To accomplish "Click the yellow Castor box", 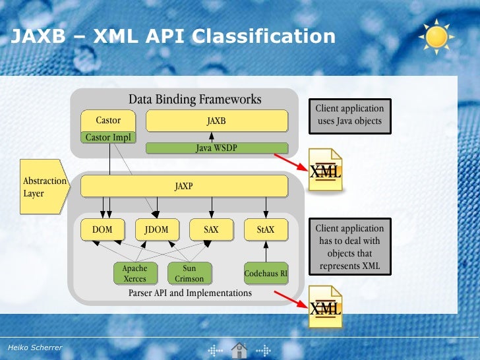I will pos(109,121).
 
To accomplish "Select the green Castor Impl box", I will pos(109,138).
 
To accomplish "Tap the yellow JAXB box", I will pos(216,121).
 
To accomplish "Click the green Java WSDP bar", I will pos(216,148).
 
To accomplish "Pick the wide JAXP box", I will pos(184,186).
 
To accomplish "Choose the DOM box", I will pos(102,229).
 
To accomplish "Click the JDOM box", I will pos(157,229).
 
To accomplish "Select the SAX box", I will pos(211,229).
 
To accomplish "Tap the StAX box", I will pos(266,229).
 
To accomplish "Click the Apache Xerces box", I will pos(135,274).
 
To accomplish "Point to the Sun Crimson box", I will pos(189,274).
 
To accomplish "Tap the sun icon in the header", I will pos(436,36).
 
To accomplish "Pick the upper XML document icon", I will pos(326,170).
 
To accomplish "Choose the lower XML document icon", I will pos(326,306).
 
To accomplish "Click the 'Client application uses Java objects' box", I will pos(349,115).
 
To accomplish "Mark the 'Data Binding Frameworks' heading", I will pos(195,100).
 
